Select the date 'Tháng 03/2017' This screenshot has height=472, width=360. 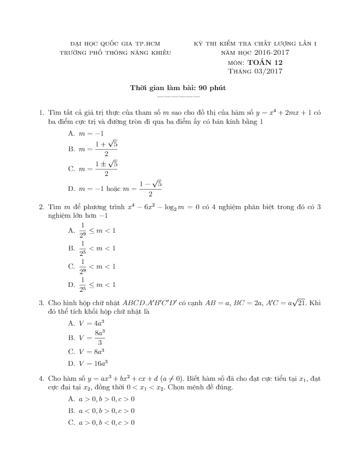(x=255, y=71)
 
